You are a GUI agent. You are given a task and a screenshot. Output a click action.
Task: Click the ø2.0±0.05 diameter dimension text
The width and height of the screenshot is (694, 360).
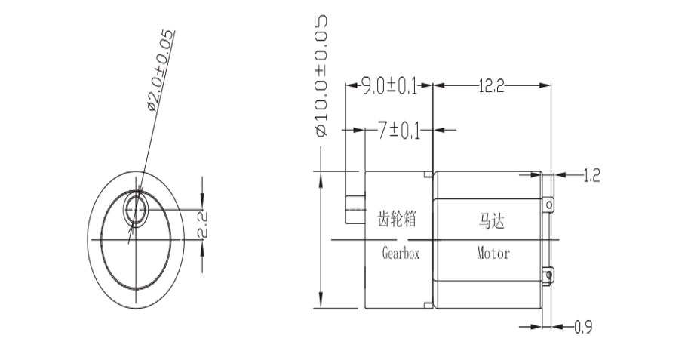161,72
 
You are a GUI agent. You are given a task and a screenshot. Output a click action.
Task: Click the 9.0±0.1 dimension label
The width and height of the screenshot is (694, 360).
389,86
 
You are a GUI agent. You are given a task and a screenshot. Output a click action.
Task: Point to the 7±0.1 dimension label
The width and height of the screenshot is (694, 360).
399,131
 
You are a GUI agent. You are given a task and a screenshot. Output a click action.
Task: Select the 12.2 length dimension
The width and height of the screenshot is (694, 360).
491,86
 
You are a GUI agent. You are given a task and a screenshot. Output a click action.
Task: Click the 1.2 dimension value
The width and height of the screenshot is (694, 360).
591,176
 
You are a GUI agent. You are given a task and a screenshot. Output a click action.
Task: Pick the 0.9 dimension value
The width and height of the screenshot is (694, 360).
582,328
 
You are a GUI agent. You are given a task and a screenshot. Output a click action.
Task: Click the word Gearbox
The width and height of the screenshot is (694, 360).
400,254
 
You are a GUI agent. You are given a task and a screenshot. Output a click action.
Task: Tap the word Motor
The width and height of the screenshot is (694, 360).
493,254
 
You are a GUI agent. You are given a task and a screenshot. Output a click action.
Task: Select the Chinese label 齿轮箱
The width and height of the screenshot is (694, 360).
397,220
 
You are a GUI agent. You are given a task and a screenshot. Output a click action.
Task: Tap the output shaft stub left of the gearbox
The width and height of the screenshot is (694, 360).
354,208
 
